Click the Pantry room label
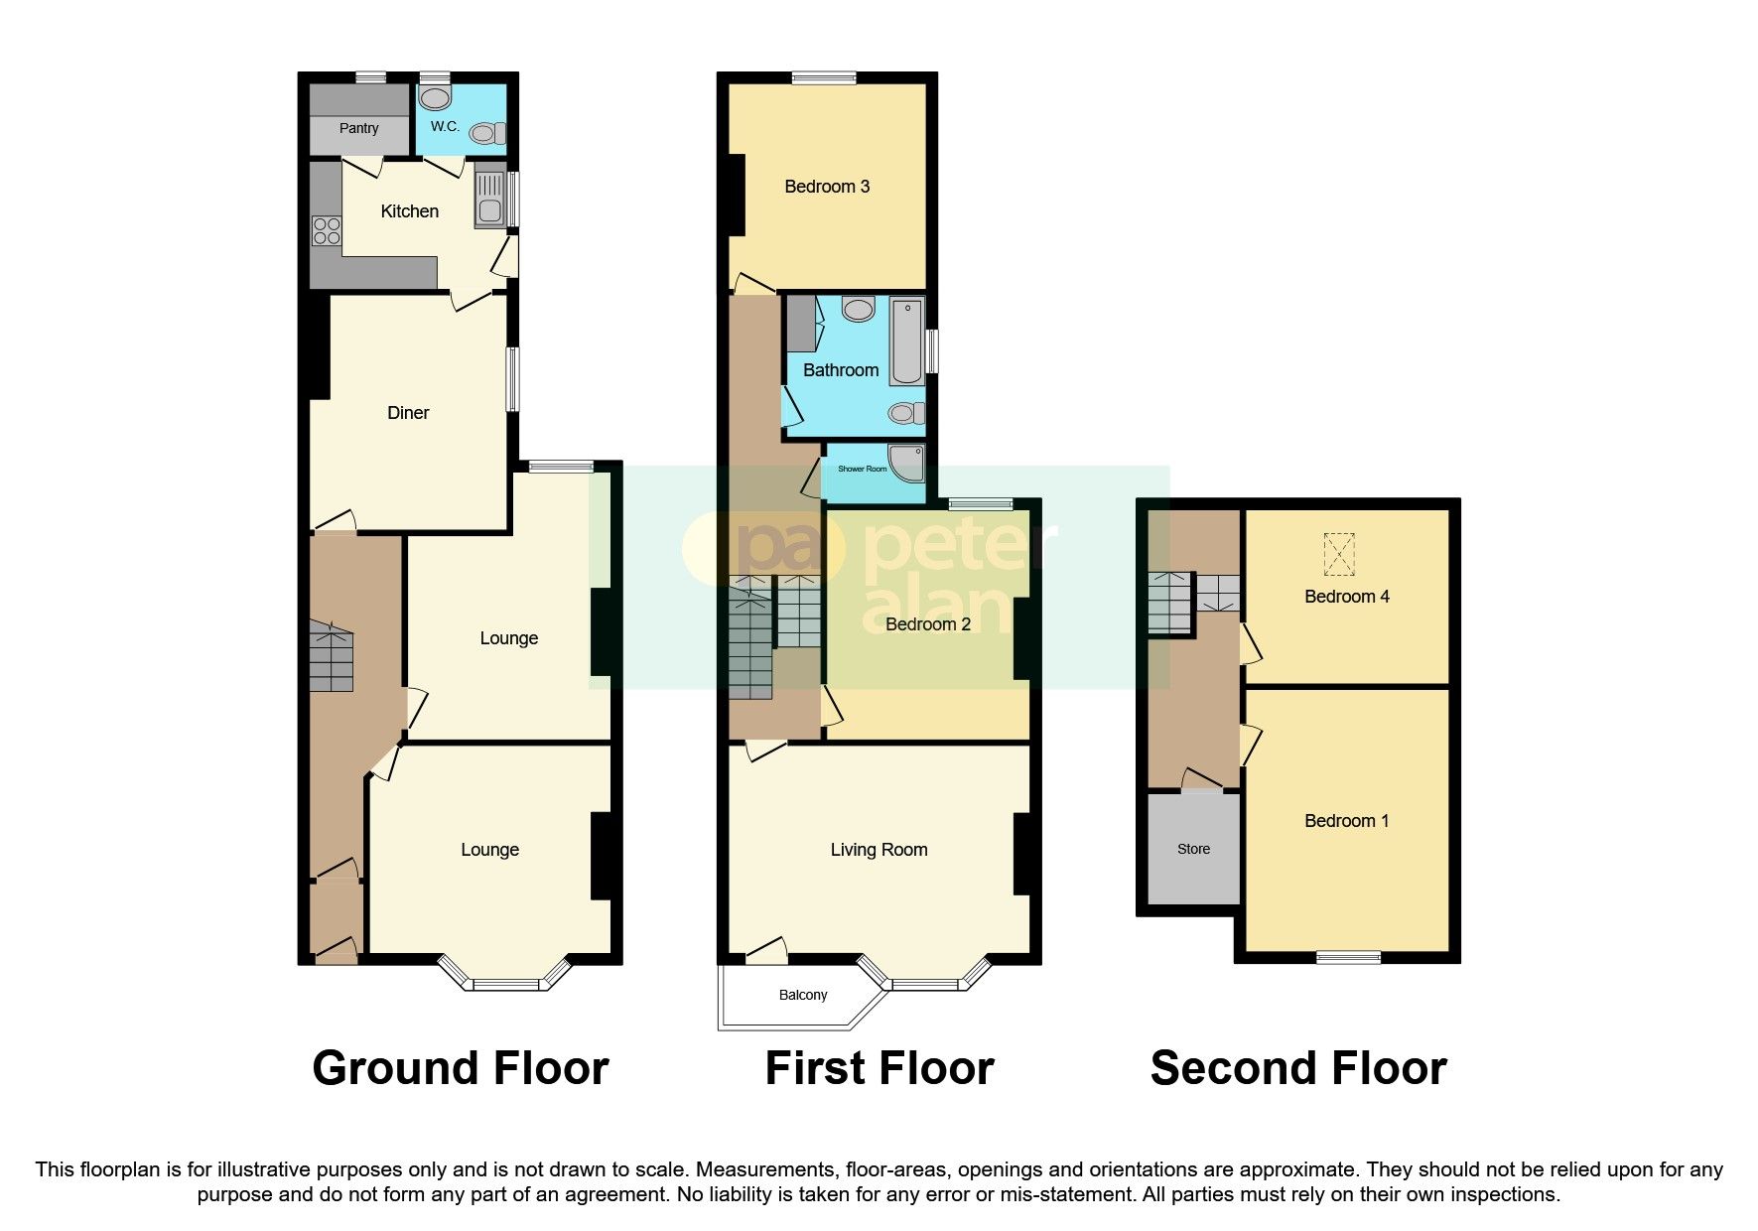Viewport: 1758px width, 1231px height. click(x=358, y=128)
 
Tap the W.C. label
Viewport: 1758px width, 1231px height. click(x=445, y=126)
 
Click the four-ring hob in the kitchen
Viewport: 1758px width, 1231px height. click(x=326, y=231)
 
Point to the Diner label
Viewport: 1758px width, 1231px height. click(x=408, y=413)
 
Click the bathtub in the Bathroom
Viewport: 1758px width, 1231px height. click(x=906, y=341)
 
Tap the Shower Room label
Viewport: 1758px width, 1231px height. click(x=862, y=469)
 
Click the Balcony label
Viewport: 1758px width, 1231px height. click(x=803, y=995)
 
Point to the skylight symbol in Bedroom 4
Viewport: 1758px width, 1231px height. click(x=1339, y=554)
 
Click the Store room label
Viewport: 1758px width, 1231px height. click(x=1193, y=849)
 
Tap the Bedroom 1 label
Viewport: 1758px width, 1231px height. click(x=1346, y=821)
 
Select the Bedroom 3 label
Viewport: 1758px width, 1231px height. click(x=827, y=187)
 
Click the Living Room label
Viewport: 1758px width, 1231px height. click(x=879, y=850)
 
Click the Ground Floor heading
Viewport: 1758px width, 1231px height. click(x=461, y=1068)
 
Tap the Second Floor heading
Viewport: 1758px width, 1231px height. click(x=1298, y=1068)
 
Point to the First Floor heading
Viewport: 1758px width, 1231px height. click(x=879, y=1068)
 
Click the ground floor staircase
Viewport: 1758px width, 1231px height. click(x=331, y=655)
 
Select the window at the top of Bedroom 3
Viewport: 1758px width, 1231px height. click(x=824, y=77)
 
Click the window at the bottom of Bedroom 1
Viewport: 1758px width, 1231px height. click(x=1349, y=957)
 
